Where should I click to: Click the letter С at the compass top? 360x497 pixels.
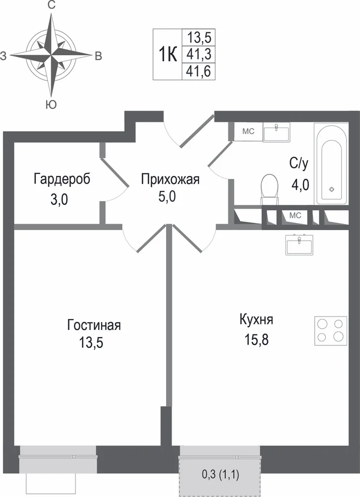(x=51, y=5)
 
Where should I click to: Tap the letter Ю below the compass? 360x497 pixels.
(x=51, y=104)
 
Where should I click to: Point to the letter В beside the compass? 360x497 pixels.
(x=98, y=56)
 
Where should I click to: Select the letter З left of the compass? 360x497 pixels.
(x=3, y=56)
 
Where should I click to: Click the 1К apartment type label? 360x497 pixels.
(x=168, y=55)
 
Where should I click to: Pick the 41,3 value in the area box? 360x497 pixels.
(x=198, y=54)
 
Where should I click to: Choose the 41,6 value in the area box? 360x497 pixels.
(x=198, y=71)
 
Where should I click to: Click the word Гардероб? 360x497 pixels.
(x=62, y=179)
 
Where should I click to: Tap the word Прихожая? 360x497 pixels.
(x=171, y=179)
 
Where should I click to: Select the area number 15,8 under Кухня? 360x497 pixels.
(x=256, y=339)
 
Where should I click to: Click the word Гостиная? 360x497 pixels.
(x=94, y=325)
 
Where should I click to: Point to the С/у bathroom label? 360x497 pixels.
(x=299, y=164)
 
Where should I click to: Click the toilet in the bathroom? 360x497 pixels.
(x=269, y=189)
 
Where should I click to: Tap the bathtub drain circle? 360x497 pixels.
(x=332, y=189)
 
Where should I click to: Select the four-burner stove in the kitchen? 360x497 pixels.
(x=331, y=331)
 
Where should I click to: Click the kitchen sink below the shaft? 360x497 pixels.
(x=300, y=245)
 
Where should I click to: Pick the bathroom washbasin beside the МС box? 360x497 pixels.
(x=276, y=133)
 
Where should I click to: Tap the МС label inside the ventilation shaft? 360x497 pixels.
(x=295, y=216)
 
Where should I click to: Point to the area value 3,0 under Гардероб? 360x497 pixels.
(x=59, y=200)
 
